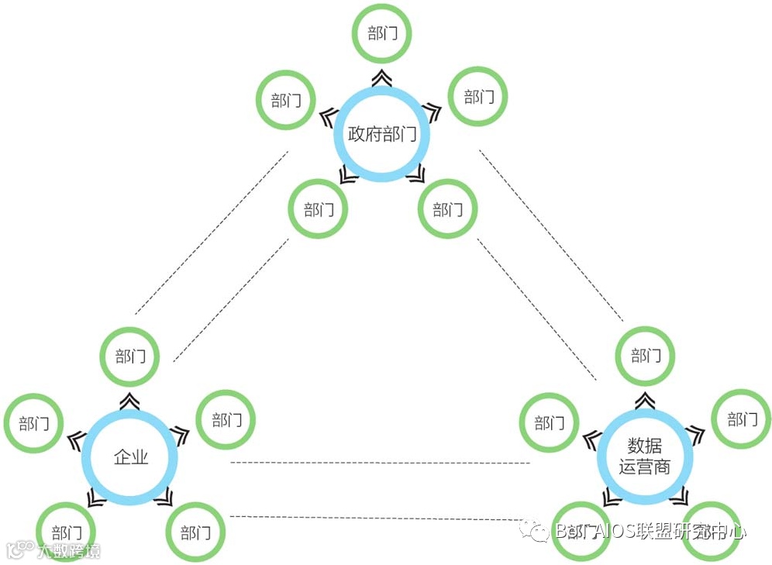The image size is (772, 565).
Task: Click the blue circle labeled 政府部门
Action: (x=381, y=133)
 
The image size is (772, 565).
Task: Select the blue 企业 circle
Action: (x=130, y=456)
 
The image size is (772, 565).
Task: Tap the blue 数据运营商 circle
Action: (x=645, y=456)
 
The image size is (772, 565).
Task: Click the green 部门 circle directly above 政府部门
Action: (x=381, y=34)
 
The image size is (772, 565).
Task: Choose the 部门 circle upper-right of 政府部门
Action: (x=478, y=97)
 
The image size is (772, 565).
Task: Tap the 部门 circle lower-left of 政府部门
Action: (x=318, y=210)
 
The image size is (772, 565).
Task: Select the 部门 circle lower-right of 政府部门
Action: (x=447, y=210)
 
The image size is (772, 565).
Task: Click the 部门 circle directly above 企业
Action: (x=130, y=357)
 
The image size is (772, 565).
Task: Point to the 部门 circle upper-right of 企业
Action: (x=226, y=420)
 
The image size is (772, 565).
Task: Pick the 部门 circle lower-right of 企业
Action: (x=195, y=532)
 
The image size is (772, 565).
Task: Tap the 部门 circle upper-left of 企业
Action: (x=34, y=423)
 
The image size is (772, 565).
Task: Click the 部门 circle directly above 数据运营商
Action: (x=645, y=356)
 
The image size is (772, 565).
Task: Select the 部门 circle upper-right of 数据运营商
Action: (x=742, y=420)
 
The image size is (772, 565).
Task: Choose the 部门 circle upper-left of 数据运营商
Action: (x=548, y=423)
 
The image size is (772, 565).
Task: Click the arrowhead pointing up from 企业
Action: (x=130, y=400)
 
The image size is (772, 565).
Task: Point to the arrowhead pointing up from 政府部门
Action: (x=381, y=77)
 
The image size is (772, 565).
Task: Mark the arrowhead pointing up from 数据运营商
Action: (x=645, y=399)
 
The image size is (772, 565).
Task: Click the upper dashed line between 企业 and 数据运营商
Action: (x=380, y=463)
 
